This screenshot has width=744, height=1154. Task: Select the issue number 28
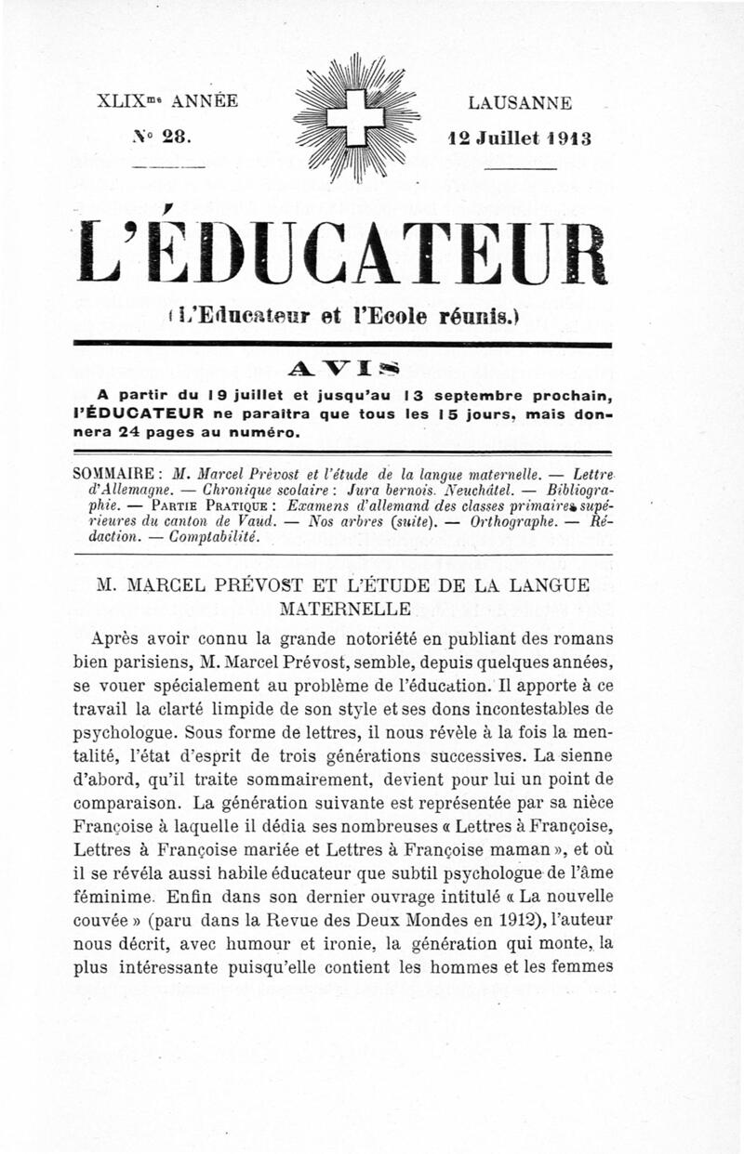(174, 136)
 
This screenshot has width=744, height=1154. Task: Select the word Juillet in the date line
(508, 137)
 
